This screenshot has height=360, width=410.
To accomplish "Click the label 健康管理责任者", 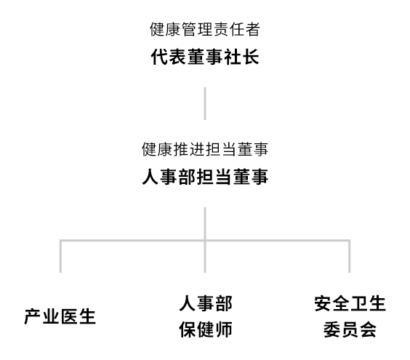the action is coord(205,29).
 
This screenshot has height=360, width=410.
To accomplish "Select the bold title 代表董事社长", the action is coord(205,57).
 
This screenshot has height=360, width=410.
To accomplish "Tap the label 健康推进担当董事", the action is coord(205,149).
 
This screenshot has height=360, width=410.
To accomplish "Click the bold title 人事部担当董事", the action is coord(205,177).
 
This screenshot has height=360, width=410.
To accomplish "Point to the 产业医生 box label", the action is coord(60,316).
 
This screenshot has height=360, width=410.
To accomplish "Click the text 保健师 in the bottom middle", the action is coord(206,329).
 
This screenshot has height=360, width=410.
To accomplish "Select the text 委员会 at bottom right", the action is coord(350,329).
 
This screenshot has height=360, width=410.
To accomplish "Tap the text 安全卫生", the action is coord(350,303).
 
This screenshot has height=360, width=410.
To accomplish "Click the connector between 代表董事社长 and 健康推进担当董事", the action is coord(205,103).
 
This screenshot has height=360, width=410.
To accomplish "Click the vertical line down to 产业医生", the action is coord(60,256).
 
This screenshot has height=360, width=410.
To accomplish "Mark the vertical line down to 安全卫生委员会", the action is coord(350,256).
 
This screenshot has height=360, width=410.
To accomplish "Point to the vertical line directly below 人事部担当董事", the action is coord(205,240).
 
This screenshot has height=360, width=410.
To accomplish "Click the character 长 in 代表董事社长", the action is coord(251,57).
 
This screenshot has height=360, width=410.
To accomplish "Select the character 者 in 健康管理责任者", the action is coord(252,29).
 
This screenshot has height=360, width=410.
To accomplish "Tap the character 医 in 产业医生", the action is coord(69,316).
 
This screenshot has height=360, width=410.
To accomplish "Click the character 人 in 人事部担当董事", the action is coord(150,177).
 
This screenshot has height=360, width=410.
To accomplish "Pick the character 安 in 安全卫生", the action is coord(323,303).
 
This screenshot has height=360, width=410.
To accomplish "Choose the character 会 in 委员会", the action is coord(368,329).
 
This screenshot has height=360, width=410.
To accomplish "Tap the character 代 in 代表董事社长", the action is coord(159,57).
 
